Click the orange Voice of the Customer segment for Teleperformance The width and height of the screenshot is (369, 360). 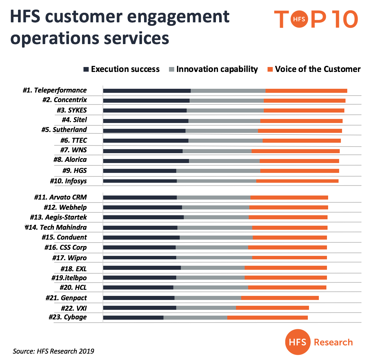306,91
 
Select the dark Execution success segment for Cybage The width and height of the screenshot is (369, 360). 133,318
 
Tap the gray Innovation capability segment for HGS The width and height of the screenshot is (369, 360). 218,171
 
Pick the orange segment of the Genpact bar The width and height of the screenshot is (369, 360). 280,298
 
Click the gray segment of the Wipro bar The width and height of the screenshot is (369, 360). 214,258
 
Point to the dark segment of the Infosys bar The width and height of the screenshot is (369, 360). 140,181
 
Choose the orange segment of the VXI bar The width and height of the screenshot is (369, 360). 272,308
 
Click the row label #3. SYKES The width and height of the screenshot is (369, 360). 72,110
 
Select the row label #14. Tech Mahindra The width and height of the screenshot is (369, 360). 56,227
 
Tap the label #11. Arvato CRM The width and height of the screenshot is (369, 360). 60,197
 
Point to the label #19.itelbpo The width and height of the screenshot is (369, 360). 69,278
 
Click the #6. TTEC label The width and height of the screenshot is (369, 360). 74,140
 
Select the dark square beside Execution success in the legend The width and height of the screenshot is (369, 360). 86,69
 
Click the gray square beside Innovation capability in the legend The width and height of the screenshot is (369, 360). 171,69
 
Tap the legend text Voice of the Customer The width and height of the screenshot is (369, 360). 318,69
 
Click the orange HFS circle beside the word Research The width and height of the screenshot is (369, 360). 297,342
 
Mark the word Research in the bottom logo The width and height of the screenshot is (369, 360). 333,342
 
